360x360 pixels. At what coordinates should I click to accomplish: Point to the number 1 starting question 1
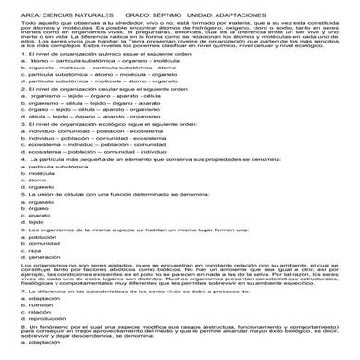pyautogui.click(x=6, y=54)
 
